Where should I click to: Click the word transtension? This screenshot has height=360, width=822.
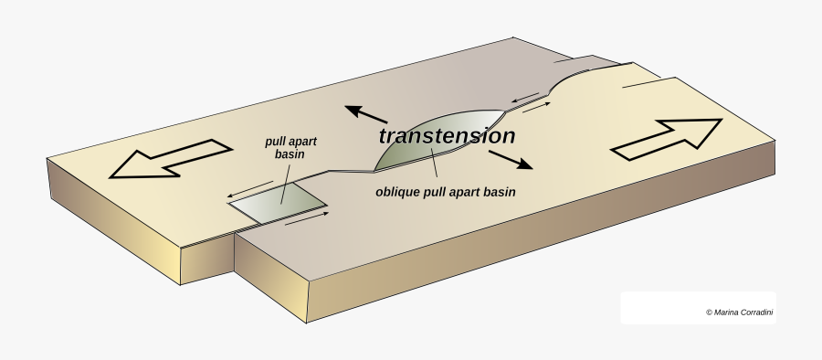pos(447,137)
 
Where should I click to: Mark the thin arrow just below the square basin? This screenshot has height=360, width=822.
pos(306,220)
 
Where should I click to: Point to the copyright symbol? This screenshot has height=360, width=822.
pos(709,312)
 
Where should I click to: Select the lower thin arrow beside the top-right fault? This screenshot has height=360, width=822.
pos(537,108)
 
